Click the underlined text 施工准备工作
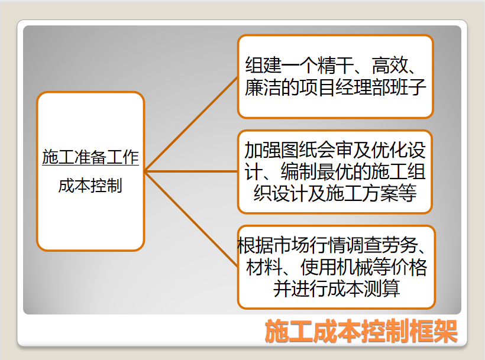90,157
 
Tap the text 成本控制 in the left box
90,186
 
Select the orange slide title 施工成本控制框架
361,331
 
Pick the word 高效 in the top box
390,65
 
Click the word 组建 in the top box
263,65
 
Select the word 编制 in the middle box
299,171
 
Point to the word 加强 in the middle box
263,150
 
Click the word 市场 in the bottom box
292,245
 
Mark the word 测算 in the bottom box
381,288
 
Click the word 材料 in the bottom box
264,267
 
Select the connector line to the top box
191,124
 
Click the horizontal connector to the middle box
191,171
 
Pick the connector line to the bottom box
191,219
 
